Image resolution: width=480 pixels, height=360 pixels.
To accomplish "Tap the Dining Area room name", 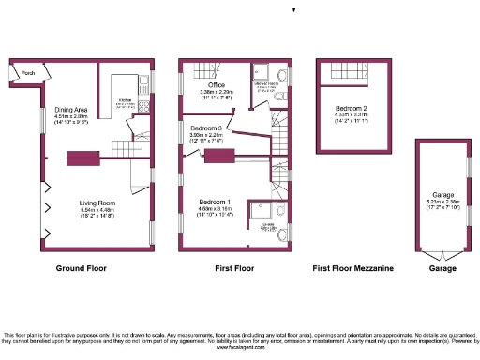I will coord(71,110).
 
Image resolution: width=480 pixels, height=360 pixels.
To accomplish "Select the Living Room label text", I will coord(97,201).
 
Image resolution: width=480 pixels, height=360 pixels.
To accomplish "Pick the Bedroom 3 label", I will coord(207,127).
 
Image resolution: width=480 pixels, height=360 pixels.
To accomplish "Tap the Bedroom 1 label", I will coord(216,201).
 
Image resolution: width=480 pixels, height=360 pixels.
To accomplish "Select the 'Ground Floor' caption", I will coord(82,268).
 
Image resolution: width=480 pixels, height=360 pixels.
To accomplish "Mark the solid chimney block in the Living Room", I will coord(82,157).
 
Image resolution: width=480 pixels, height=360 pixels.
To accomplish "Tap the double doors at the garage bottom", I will coord(438,254).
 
